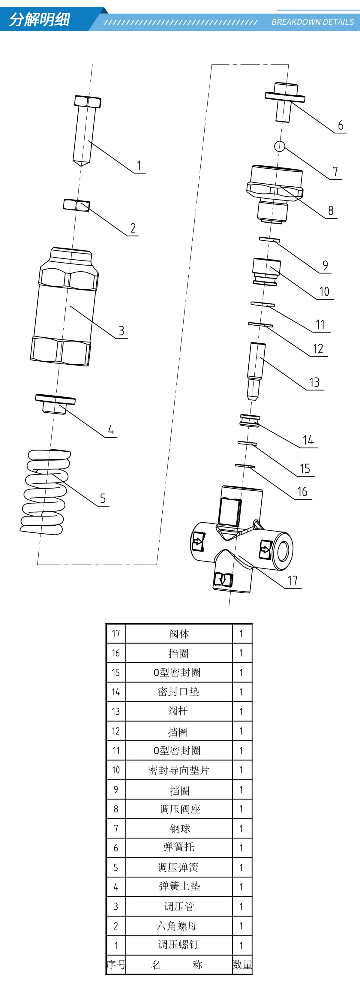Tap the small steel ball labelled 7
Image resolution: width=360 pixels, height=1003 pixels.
coord(279,146)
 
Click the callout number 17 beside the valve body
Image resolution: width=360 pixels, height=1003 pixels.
coord(292,580)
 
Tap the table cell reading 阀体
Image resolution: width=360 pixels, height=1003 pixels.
coord(179,634)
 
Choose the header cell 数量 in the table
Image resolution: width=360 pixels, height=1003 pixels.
coord(242,965)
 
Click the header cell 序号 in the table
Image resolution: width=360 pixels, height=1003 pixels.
coord(116,965)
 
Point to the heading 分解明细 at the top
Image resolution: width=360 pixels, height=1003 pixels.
coord(39,20)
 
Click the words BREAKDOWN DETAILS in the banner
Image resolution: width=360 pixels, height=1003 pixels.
coord(313,22)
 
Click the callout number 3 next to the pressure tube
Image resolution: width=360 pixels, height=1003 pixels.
coord(121,331)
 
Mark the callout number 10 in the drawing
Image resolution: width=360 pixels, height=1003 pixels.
coord(324,292)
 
